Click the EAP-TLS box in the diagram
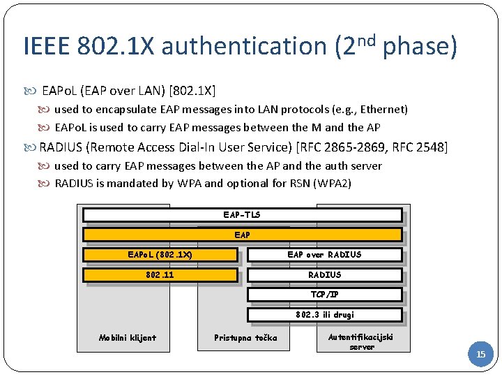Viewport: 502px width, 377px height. [x=242, y=215]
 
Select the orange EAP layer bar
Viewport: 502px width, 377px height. [x=242, y=235]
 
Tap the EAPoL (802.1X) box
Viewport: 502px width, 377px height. [x=160, y=255]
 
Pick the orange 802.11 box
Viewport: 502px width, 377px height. [x=160, y=275]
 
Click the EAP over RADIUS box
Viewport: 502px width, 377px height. [x=324, y=255]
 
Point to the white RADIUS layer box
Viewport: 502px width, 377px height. [x=324, y=275]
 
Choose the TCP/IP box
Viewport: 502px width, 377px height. [x=324, y=295]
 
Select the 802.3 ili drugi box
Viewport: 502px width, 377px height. [x=324, y=315]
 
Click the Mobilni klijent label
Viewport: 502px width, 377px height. [x=128, y=338]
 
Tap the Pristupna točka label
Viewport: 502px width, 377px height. [x=245, y=338]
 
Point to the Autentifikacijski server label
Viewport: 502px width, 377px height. [x=361, y=341]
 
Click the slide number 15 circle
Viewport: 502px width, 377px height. [x=480, y=355]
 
